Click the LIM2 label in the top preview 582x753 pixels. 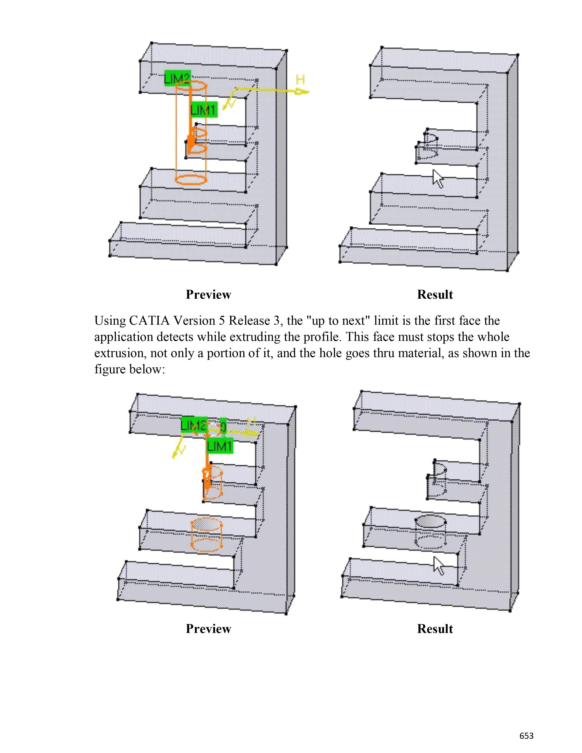point(177,78)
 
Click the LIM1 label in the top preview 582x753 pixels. point(203,110)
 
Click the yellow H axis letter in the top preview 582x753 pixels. point(300,80)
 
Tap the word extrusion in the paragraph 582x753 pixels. point(115,353)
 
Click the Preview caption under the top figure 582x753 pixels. point(208,294)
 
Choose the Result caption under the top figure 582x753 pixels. point(435,294)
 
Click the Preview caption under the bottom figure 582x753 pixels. point(208,629)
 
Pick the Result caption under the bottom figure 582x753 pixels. point(435,629)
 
